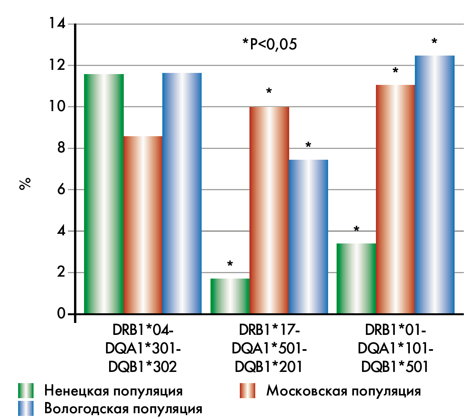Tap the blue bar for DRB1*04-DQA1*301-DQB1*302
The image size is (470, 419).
(182, 193)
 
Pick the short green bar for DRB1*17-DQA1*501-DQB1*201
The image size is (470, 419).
(230, 296)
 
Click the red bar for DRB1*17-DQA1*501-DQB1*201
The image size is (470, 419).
(269, 210)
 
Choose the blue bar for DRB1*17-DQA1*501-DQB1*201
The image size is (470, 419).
(308, 237)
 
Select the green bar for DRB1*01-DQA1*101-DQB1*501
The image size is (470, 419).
(356, 278)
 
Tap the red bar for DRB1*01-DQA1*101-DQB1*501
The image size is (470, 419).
(395, 199)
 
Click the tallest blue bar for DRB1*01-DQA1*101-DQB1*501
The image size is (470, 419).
(435, 184)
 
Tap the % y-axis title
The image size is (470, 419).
(25, 184)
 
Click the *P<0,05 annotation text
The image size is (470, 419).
(270, 44)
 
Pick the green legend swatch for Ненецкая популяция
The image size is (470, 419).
(26, 390)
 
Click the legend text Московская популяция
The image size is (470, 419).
(344, 391)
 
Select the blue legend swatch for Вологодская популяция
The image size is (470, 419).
(26, 409)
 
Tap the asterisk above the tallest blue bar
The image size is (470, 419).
(435, 41)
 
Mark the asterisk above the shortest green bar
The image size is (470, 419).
(230, 264)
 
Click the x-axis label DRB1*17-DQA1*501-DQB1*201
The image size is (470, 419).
(269, 348)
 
